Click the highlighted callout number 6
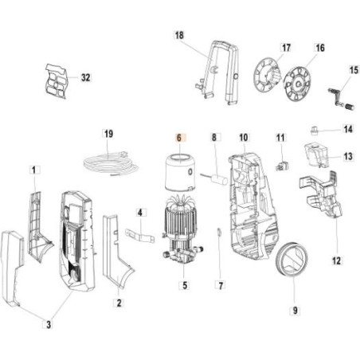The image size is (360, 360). [179, 137]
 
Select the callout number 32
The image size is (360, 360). [85, 77]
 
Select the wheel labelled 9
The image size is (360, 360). [292, 259]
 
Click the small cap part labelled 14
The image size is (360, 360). [315, 128]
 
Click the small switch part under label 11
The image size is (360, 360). [280, 167]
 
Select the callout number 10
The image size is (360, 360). [243, 138]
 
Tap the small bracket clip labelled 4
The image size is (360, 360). [139, 237]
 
